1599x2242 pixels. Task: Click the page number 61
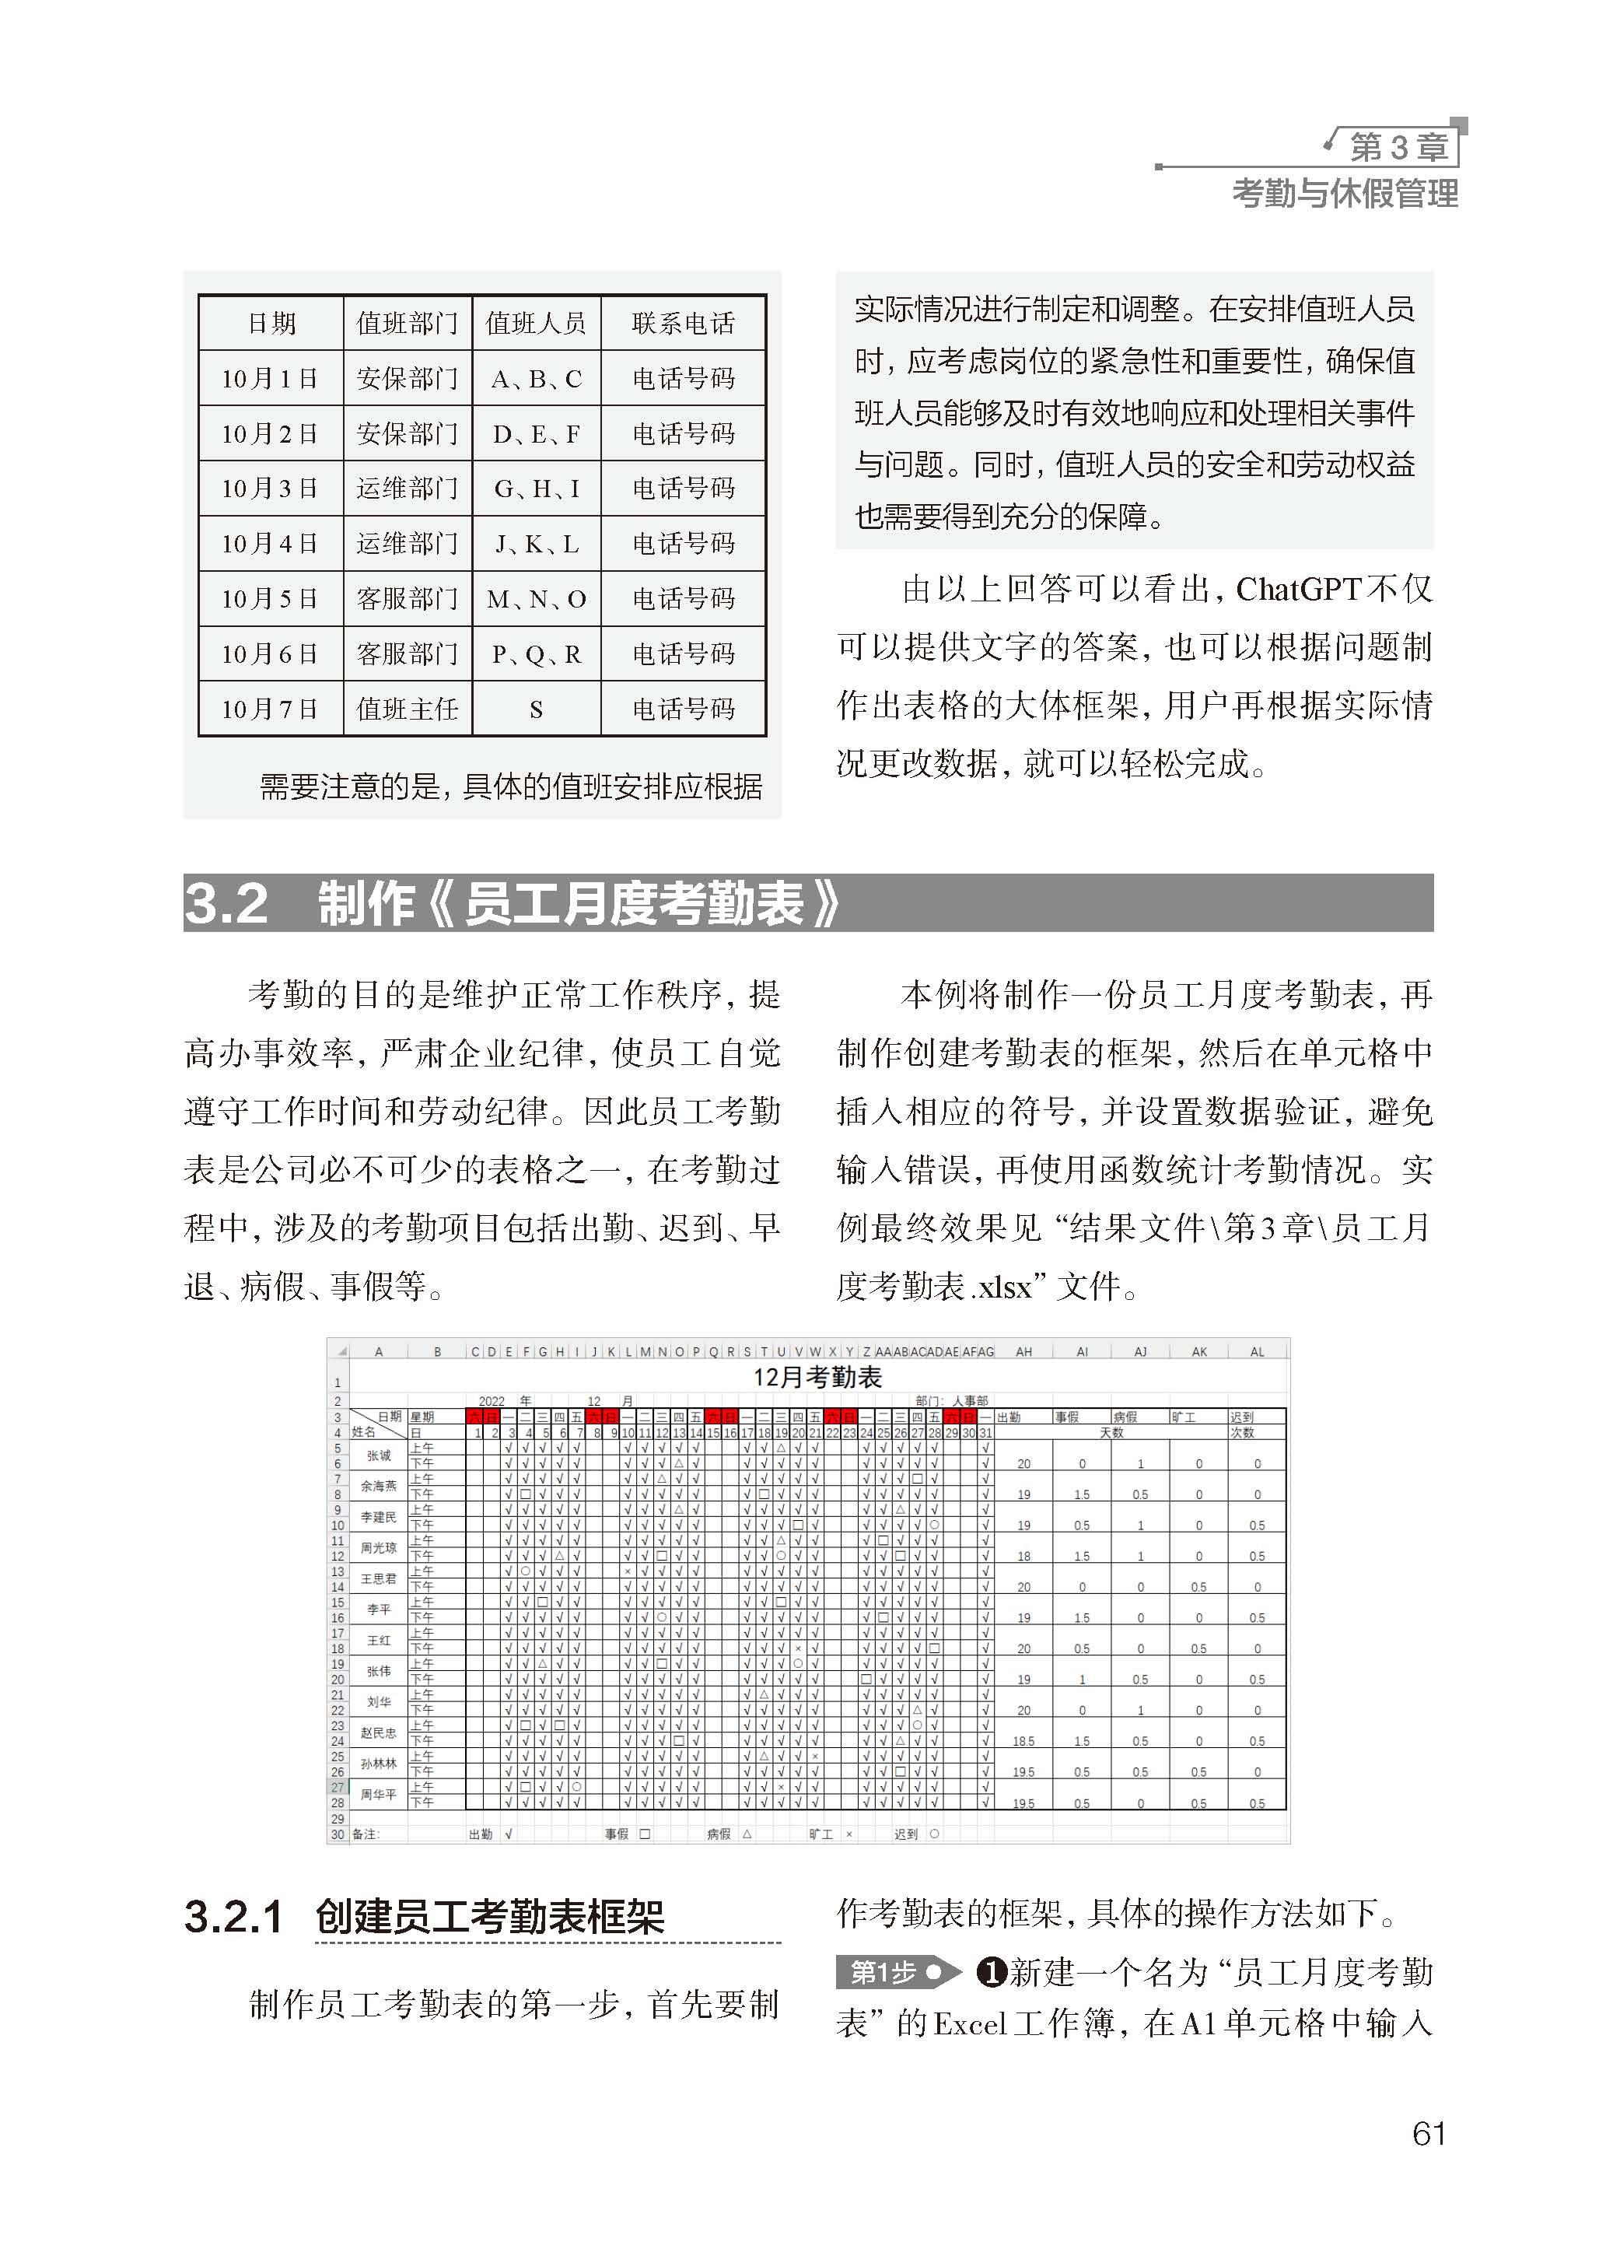(x=1429, y=2134)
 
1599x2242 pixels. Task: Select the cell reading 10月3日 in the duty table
(x=270, y=489)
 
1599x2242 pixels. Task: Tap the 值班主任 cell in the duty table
(x=407, y=709)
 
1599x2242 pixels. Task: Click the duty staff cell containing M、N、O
(x=537, y=599)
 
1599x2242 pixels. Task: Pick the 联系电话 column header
(x=684, y=323)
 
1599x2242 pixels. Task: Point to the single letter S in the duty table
(x=537, y=709)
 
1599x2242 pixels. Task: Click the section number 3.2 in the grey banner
(x=226, y=903)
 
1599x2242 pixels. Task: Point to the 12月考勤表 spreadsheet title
(x=817, y=1376)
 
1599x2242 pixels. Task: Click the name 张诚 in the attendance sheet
(x=379, y=1456)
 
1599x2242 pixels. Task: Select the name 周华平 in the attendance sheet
(x=378, y=1794)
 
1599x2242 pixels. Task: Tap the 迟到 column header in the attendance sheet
(x=1240, y=1417)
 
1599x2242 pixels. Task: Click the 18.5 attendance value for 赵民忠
(x=1023, y=1741)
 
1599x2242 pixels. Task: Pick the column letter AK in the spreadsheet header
(x=1198, y=1352)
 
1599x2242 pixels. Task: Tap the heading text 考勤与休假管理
(x=1345, y=194)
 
